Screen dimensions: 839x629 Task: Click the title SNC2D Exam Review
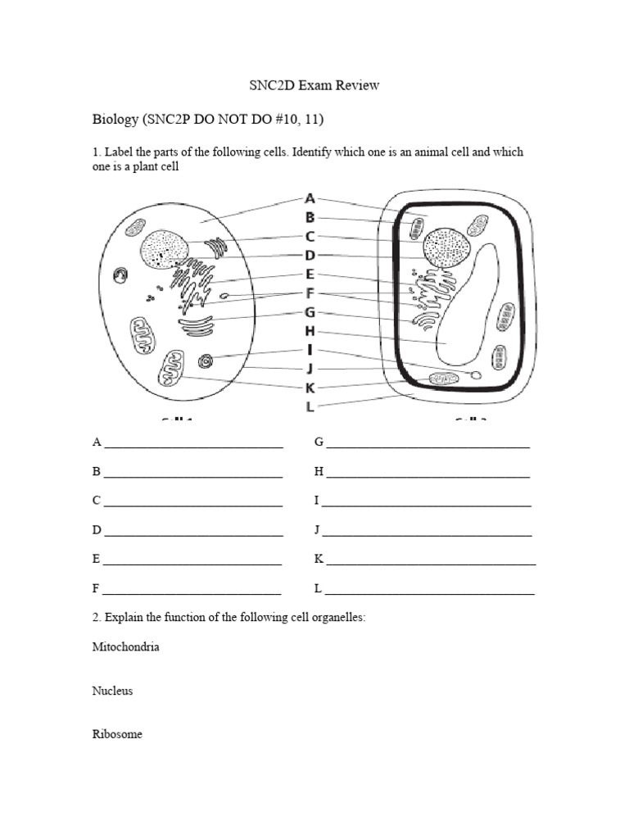[x=314, y=85]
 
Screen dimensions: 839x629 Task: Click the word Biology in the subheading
[x=115, y=120]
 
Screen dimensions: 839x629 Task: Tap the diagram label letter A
[x=310, y=198]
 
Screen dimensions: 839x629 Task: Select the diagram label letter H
[x=310, y=331]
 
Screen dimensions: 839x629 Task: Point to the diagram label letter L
[x=310, y=406]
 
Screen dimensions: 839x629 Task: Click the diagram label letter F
[x=310, y=293]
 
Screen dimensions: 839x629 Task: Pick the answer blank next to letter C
[x=193, y=501]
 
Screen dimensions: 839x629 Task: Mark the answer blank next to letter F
[x=192, y=590]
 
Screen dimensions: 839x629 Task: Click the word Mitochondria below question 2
[x=125, y=647]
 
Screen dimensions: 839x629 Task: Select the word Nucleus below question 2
[x=112, y=691]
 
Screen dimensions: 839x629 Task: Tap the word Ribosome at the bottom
[x=117, y=734]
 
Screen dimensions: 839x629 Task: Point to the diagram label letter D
[x=310, y=255]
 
